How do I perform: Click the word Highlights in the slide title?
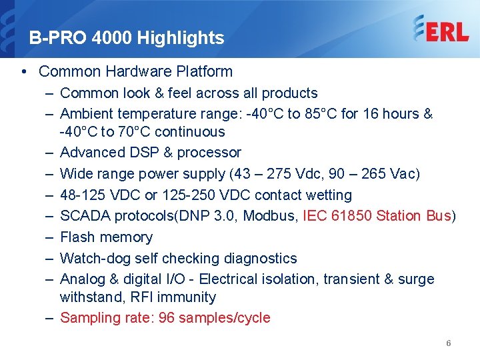coord(181,38)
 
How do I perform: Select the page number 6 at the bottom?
coord(449,343)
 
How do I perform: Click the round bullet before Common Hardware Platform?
coord(24,72)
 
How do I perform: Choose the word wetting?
coord(327,195)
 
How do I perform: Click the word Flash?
coord(77,237)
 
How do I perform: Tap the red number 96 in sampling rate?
coord(167,318)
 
